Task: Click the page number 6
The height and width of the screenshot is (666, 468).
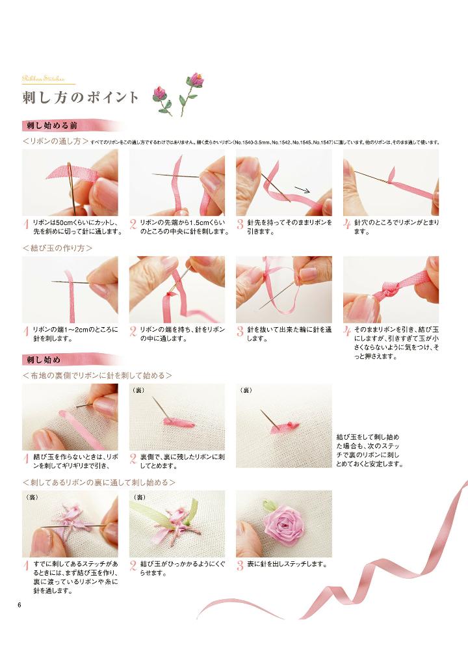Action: [19, 606]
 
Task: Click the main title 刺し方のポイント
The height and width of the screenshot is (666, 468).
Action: [81, 98]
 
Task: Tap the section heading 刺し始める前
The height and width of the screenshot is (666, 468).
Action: [52, 126]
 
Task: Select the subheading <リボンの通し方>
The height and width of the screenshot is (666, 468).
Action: [56, 141]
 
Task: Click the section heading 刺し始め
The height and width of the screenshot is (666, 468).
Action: [44, 360]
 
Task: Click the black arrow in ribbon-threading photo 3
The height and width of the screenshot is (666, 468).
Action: [302, 189]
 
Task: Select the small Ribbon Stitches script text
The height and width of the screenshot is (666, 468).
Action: [44, 79]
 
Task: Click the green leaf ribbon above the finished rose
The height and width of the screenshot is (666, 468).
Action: [268, 505]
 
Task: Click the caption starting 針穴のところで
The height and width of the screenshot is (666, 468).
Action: [396, 227]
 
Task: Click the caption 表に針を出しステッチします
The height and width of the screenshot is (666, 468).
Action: [287, 564]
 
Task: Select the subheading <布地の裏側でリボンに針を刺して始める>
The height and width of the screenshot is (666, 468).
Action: [97, 375]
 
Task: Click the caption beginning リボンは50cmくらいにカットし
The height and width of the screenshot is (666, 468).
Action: [78, 227]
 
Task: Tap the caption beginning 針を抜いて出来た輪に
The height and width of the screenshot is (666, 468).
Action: [289, 334]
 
